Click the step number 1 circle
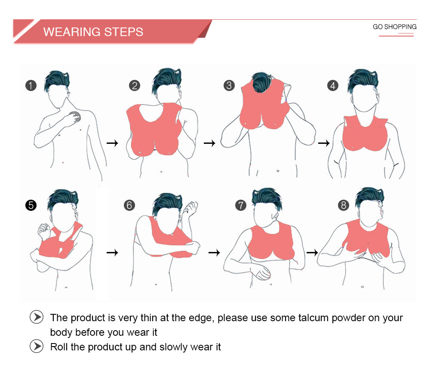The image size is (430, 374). tap(31, 85)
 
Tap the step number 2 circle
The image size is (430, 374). tap(135, 85)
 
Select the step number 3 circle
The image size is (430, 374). tap(229, 85)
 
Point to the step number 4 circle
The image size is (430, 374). tap(333, 85)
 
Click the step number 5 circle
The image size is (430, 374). tap(31, 205)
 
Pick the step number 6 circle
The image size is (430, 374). tap(129, 205)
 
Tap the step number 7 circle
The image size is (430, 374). tap(241, 205)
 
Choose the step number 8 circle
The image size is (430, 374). tap(344, 205)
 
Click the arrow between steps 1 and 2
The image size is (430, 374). tap(112, 143)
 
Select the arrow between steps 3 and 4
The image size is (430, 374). tap(324, 143)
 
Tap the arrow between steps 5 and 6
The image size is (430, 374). tap(112, 252)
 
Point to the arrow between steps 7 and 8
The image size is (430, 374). tap(312, 252)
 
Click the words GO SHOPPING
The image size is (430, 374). tap(395, 27)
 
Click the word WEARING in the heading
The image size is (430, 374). tap(72, 32)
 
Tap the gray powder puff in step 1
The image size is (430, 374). tap(75, 117)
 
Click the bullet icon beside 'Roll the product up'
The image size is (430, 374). tap(37, 346)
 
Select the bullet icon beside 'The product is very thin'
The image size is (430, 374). tap(37, 317)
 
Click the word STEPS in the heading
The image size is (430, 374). tap(124, 32)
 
